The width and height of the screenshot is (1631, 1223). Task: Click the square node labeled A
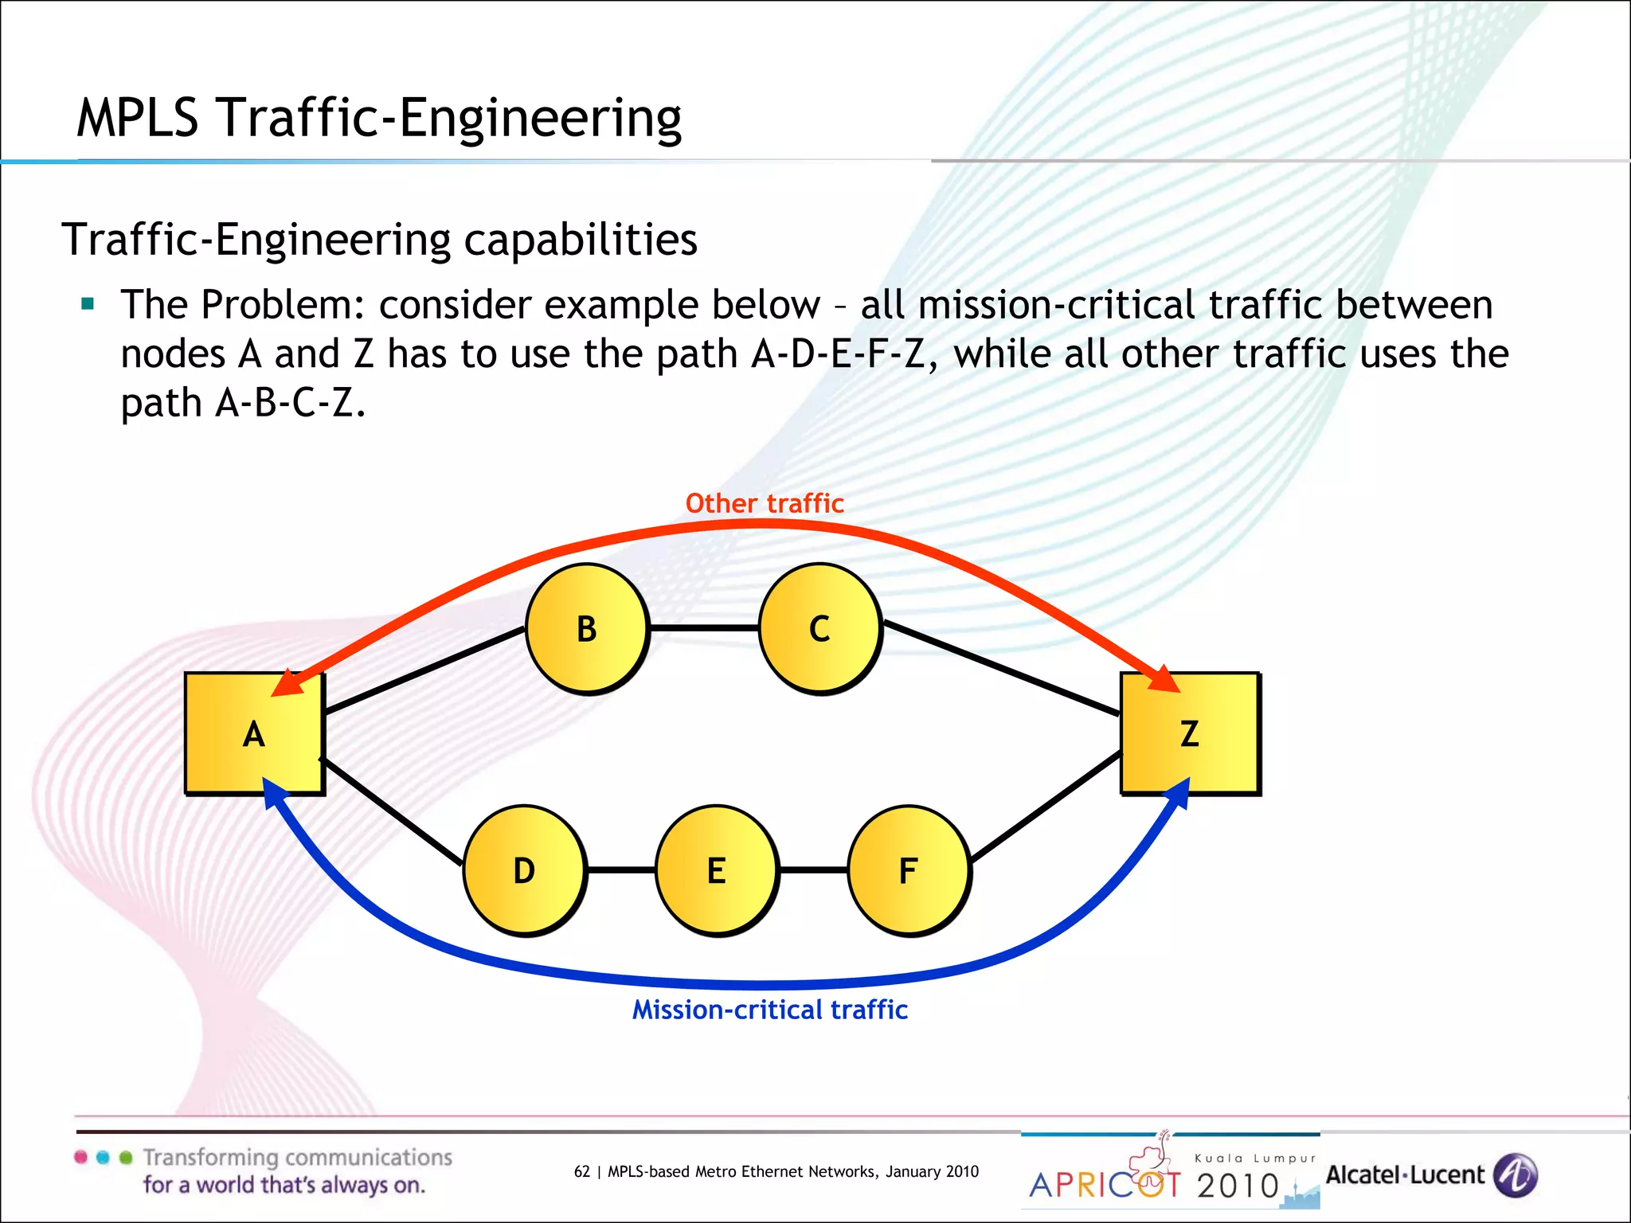[254, 733]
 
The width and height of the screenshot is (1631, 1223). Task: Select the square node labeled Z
[1190, 733]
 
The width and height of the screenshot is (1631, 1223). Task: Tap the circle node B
[587, 628]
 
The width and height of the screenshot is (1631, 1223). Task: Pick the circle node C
[819, 628]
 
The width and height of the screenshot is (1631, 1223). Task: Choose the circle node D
[524, 870]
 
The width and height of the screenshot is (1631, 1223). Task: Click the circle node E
[716, 870]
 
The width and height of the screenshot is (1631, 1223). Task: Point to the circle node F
[909, 870]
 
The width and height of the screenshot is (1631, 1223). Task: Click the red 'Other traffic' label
[765, 503]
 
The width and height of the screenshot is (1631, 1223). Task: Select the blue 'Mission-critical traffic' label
[769, 1010]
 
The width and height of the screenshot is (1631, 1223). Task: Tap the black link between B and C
[704, 628]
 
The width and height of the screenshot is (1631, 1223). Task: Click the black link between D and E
[620, 870]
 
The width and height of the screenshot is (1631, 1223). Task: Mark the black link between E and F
[813, 870]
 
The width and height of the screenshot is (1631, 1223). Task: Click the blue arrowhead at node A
[274, 793]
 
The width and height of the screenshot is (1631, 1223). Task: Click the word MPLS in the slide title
[137, 118]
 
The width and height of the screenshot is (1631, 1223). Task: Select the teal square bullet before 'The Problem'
[88, 303]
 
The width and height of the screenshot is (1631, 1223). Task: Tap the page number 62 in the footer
[582, 1171]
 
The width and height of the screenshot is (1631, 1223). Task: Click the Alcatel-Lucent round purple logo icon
[1515, 1175]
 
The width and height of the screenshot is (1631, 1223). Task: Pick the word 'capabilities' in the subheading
[581, 240]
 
